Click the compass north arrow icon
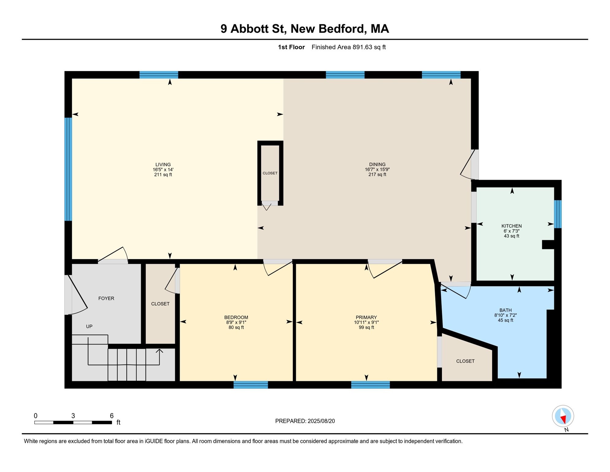tap(563, 416)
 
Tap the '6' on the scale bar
tap(112, 416)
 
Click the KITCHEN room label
tap(512, 226)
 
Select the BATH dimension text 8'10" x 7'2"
tap(505, 315)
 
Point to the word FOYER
tap(106, 298)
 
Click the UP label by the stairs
tap(89, 326)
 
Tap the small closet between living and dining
tap(270, 173)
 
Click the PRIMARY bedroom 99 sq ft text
tap(366, 328)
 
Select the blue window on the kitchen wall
tap(558, 214)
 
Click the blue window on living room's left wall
tap(68, 169)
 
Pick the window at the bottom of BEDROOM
tap(251, 385)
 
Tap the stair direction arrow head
tap(159, 351)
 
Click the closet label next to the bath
tap(465, 361)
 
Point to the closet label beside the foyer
tap(160, 304)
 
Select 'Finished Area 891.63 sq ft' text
tap(348, 47)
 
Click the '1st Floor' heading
tap(291, 47)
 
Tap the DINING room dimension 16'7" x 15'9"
tap(377, 170)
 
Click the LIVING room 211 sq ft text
tap(163, 175)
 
